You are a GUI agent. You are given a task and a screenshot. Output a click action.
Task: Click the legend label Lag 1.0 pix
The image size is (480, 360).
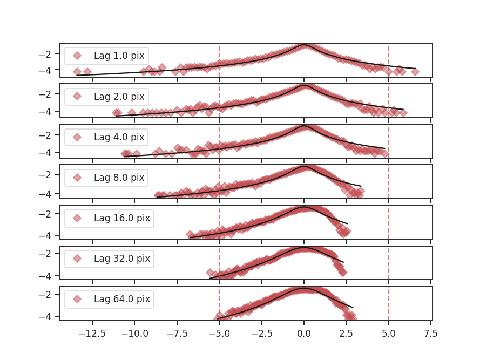point(119,56)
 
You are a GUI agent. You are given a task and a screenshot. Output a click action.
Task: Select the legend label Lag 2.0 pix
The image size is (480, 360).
point(119,97)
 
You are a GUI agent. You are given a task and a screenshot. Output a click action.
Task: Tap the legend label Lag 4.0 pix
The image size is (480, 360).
point(119,137)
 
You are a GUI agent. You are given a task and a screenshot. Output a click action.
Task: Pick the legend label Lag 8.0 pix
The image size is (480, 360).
point(119,178)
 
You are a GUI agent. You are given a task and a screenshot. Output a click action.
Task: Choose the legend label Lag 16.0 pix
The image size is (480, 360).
point(121,218)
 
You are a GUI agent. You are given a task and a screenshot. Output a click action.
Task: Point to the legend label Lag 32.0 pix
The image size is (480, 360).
point(121,259)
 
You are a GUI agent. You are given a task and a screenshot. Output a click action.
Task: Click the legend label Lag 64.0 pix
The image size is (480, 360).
point(121,299)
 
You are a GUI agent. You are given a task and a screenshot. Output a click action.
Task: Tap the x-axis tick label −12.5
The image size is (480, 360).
point(92,334)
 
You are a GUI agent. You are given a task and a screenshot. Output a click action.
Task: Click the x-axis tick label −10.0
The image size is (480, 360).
point(134,334)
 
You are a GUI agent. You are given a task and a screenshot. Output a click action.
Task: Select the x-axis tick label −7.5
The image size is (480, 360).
point(177,334)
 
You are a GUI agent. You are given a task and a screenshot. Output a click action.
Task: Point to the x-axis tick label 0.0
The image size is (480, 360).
point(304,334)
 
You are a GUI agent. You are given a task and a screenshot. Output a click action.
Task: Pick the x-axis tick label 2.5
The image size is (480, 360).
point(346,334)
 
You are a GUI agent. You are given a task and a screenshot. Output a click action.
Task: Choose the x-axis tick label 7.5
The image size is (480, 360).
point(431,334)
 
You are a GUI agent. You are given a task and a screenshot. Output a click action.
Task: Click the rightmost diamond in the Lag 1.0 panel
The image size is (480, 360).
point(415,72)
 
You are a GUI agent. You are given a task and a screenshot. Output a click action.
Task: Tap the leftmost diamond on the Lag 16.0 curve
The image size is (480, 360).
point(190,235)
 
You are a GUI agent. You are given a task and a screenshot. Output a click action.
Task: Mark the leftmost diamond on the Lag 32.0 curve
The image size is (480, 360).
point(210,273)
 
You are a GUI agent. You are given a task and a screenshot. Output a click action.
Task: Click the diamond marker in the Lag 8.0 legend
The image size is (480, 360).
point(77,178)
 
